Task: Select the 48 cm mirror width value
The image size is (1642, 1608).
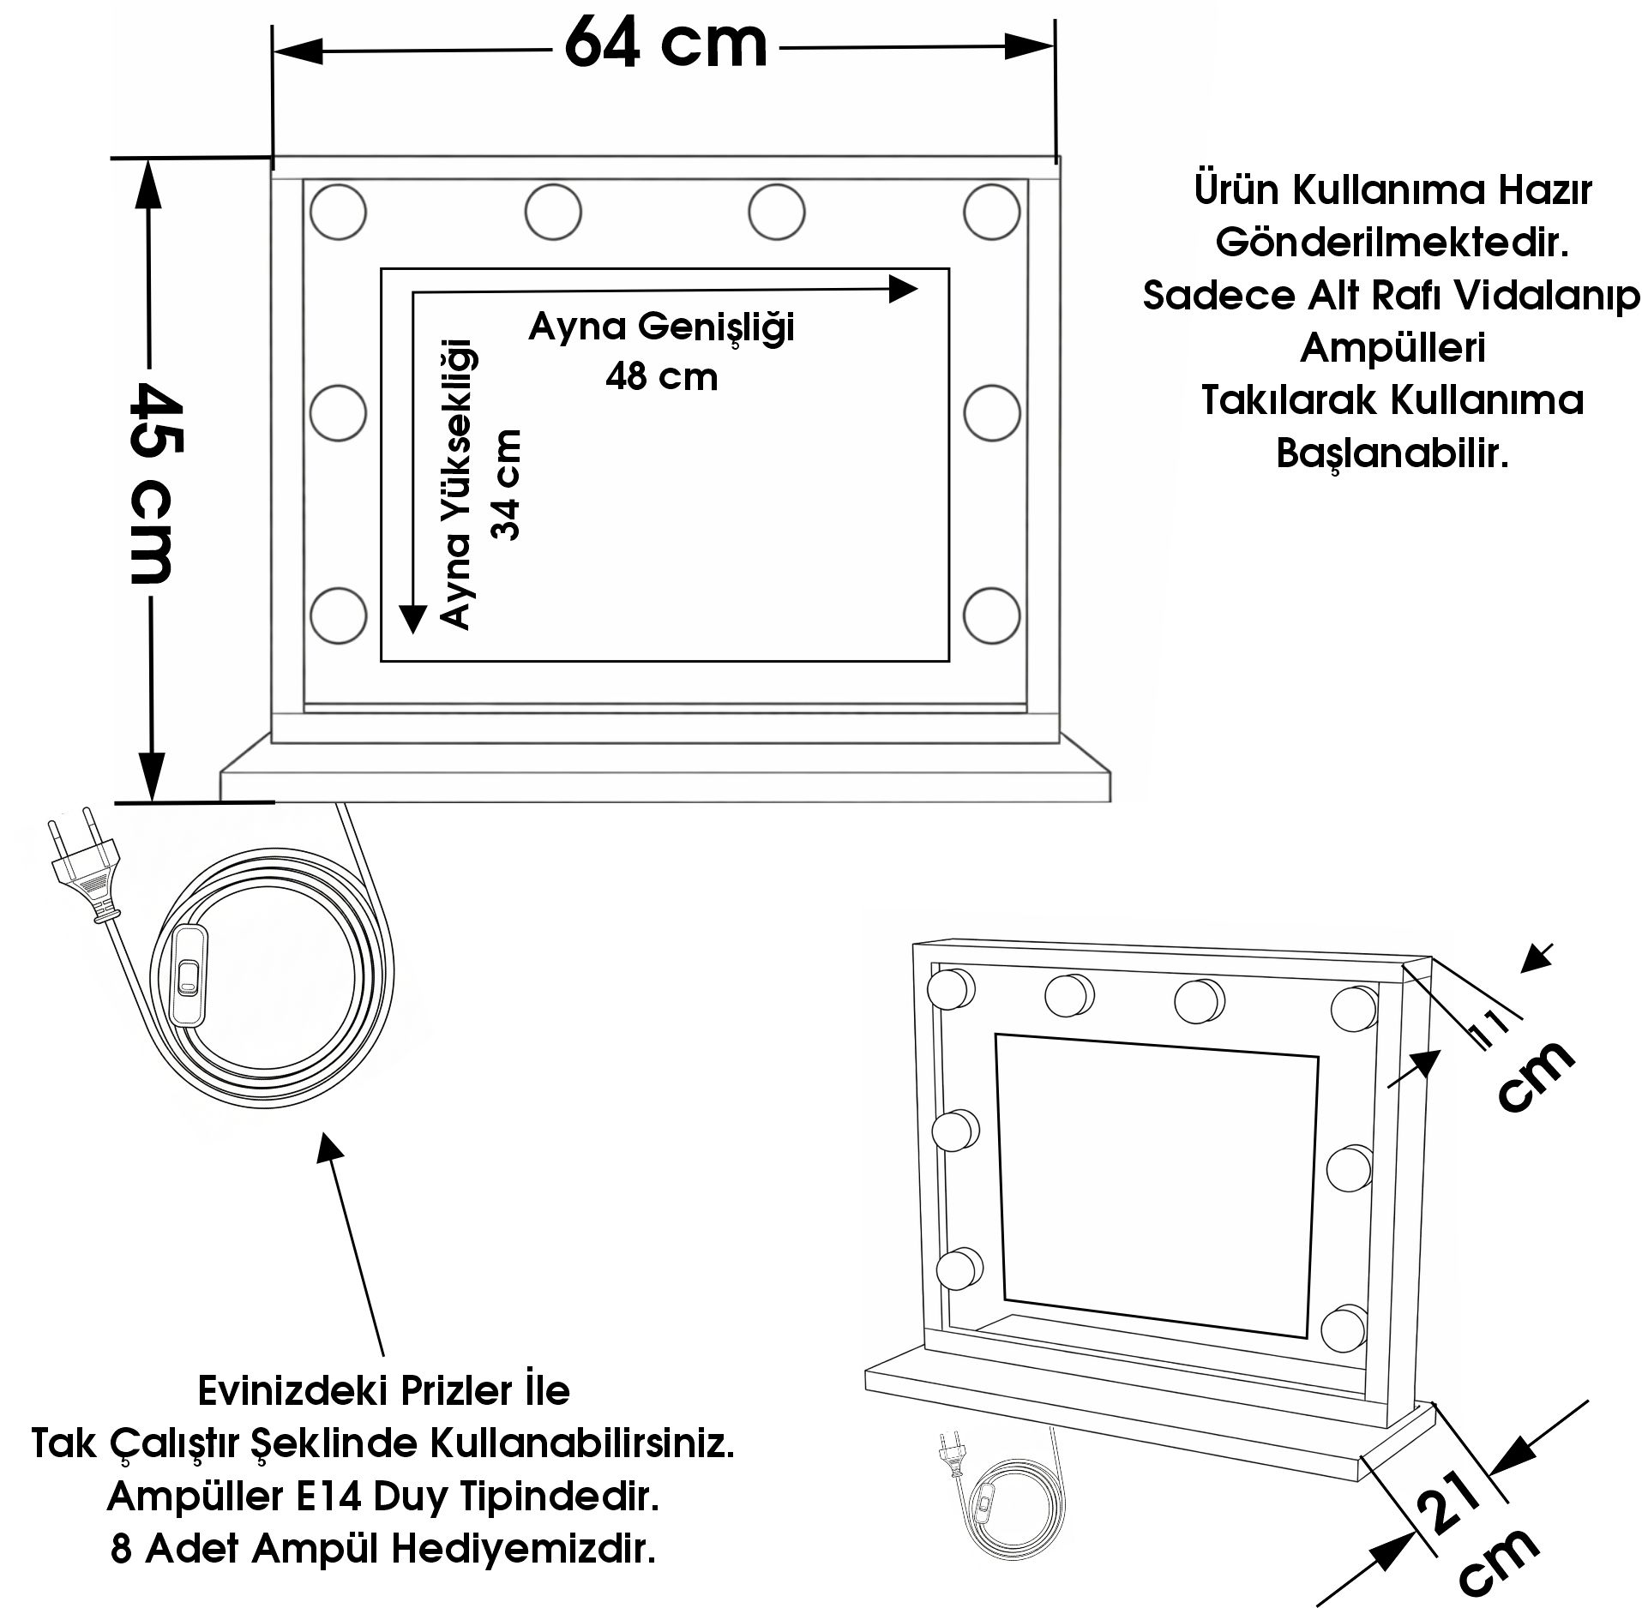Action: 661,377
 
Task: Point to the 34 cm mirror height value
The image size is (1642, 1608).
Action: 506,484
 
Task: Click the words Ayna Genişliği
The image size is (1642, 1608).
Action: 661,327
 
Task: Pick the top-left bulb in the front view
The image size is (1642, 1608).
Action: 338,211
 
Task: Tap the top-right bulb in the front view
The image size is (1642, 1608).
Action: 991,211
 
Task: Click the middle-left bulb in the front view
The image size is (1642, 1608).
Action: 338,413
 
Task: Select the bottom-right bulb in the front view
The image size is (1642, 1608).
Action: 991,615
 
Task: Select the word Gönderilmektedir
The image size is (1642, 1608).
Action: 1392,243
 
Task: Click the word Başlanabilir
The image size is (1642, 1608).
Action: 1392,453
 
